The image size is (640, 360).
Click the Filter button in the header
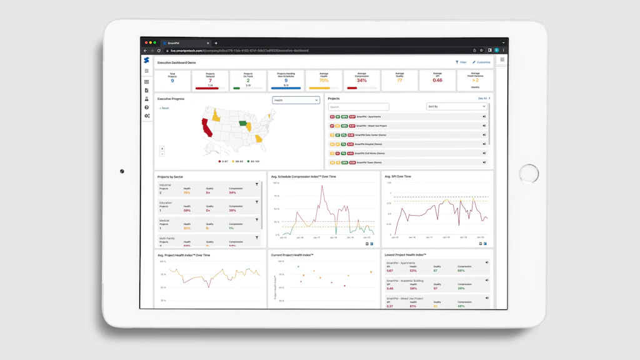click(x=461, y=62)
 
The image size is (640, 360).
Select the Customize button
click(x=482, y=62)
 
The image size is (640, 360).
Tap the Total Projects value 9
click(x=172, y=81)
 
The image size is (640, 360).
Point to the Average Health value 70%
click(x=324, y=81)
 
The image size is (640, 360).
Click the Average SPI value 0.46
click(x=437, y=80)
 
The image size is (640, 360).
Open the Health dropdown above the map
click(x=296, y=100)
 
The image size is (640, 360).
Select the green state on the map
click(x=242, y=123)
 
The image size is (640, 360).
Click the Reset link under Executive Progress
click(x=164, y=108)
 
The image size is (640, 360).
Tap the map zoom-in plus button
click(x=162, y=149)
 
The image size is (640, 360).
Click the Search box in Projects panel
click(x=358, y=107)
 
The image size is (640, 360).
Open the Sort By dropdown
click(x=456, y=106)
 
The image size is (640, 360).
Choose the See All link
click(x=483, y=98)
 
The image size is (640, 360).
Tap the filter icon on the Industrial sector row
click(x=257, y=185)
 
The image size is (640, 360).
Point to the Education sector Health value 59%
click(x=187, y=211)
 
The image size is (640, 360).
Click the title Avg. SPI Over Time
click(x=397, y=177)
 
